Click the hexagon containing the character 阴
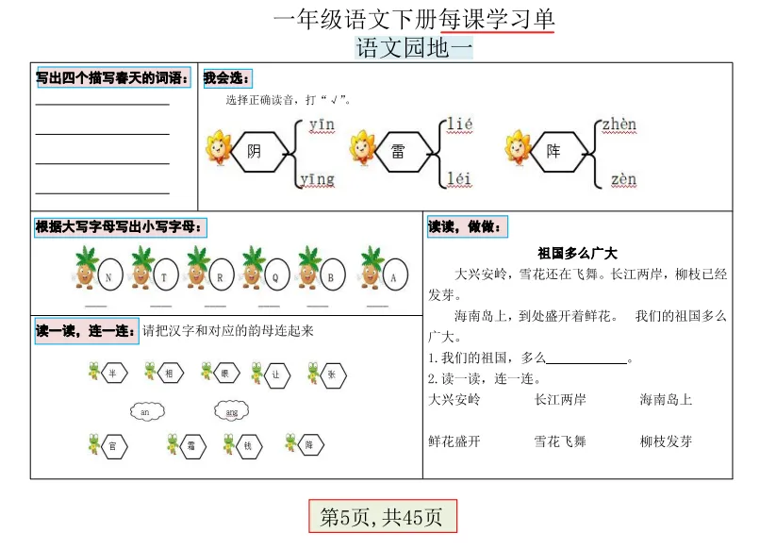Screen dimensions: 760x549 [255, 151]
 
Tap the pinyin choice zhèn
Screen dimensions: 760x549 [619, 125]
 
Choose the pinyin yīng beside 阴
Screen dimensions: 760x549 [318, 178]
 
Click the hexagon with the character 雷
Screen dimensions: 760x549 [398, 151]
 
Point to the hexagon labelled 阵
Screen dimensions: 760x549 [553, 151]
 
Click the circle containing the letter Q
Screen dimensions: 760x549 [276, 277]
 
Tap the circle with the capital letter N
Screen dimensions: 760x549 [109, 277]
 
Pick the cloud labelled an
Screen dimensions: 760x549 [144, 412]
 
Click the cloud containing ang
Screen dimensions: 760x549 [231, 412]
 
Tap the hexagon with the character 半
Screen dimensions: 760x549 [113, 374]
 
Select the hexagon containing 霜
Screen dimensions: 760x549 [191, 447]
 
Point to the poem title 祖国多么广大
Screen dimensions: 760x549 [577, 253]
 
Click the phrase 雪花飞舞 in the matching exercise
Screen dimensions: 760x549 [560, 441]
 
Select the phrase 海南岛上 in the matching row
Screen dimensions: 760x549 [666, 400]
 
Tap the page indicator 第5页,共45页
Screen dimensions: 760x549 [382, 517]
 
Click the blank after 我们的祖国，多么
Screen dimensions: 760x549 [587, 359]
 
